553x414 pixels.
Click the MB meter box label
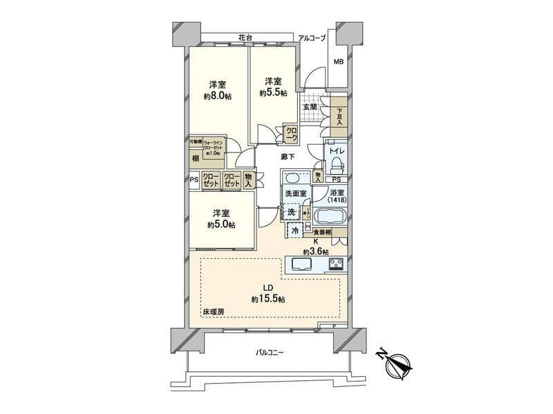[339, 62]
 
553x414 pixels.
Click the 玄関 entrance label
[310, 107]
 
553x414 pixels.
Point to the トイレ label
[338, 148]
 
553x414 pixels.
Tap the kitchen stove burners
[336, 264]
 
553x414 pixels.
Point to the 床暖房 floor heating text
[213, 312]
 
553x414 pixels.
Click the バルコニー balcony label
[270, 352]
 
